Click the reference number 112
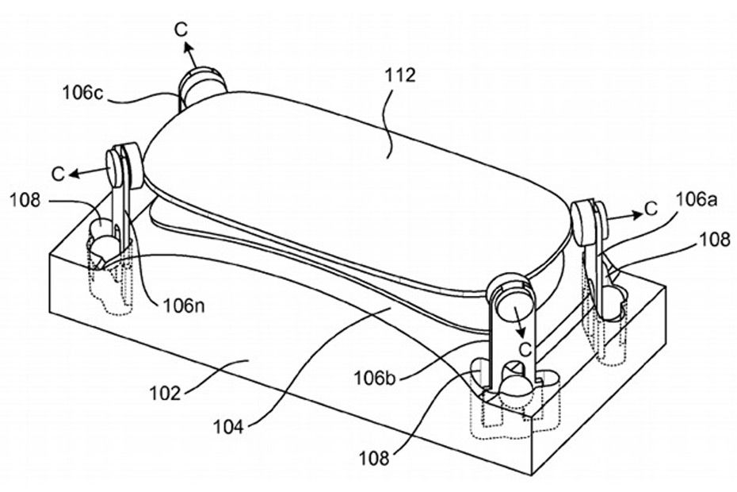(400, 75)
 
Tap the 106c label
(82, 92)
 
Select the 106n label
(184, 306)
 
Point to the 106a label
(697, 200)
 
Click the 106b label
(375, 378)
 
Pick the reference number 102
(165, 393)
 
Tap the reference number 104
(228, 427)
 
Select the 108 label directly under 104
(375, 457)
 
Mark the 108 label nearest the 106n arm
(25, 201)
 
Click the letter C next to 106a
(651, 208)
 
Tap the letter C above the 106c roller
(181, 29)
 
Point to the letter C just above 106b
(525, 349)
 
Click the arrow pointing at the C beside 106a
(624, 216)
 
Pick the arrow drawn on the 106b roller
(517, 321)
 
